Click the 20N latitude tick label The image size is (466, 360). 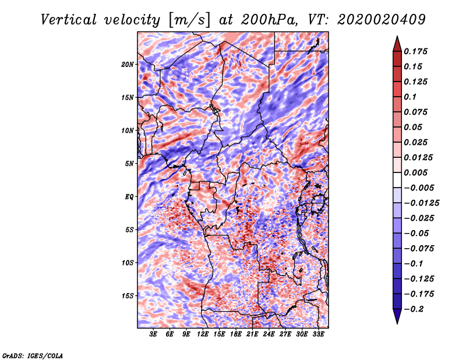click(x=128, y=64)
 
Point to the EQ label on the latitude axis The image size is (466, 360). click(x=129, y=196)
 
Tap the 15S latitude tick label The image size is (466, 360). click(x=128, y=295)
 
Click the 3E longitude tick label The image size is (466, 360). click(x=154, y=334)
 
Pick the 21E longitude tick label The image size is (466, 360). click(x=252, y=334)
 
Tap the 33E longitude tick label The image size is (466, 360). click(x=318, y=334)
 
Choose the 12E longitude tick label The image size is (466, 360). click(x=203, y=334)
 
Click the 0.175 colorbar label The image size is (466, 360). click(x=416, y=51)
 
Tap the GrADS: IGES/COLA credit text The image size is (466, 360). click(x=33, y=355)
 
